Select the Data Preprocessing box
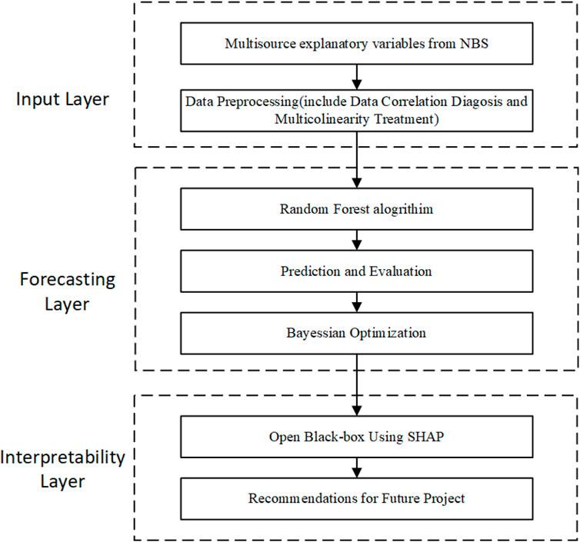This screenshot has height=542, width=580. point(356,108)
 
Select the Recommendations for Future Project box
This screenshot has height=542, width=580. point(356,498)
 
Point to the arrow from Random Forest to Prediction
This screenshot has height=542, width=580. point(356,243)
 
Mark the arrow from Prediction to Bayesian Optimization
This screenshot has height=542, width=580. point(356,304)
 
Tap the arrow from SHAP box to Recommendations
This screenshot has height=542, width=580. point(356,468)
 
